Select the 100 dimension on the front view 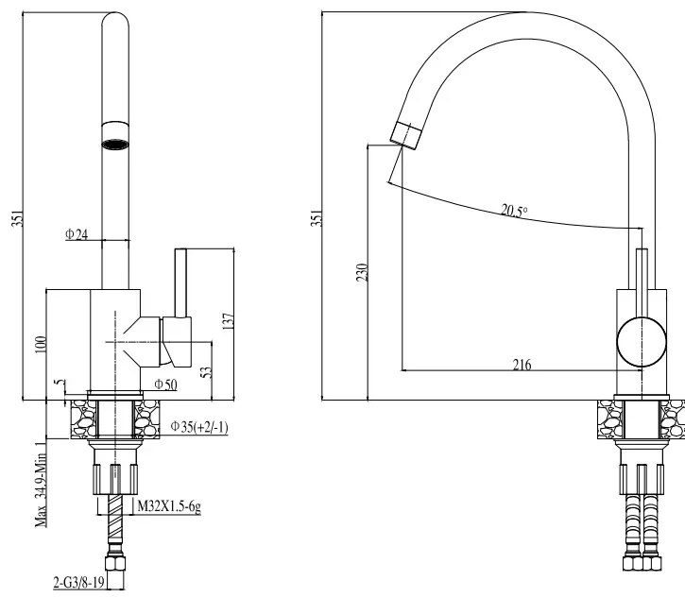point(39,343)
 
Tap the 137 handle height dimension point(225,321)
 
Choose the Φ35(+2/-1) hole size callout point(199,427)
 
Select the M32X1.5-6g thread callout point(169,506)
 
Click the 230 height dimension point(362,272)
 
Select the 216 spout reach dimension point(522,364)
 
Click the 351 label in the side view point(317,217)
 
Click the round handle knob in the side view point(641,341)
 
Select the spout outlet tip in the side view point(406,134)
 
